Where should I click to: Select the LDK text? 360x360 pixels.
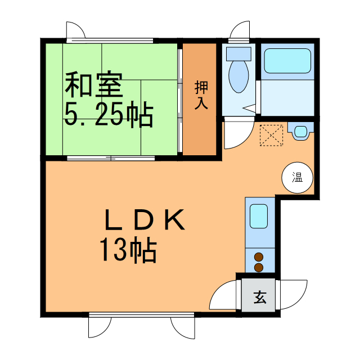tap(145, 220)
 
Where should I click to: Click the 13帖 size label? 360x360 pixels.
tap(128, 250)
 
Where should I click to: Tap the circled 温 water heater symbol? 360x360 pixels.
tap(296, 178)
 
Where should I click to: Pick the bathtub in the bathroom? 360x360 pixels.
tap(287, 61)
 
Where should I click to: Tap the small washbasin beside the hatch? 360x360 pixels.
tap(301, 132)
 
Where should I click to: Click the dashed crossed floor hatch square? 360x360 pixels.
tap(272, 135)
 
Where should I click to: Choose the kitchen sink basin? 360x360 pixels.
tap(259, 216)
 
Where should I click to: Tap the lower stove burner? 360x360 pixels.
tap(259, 267)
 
